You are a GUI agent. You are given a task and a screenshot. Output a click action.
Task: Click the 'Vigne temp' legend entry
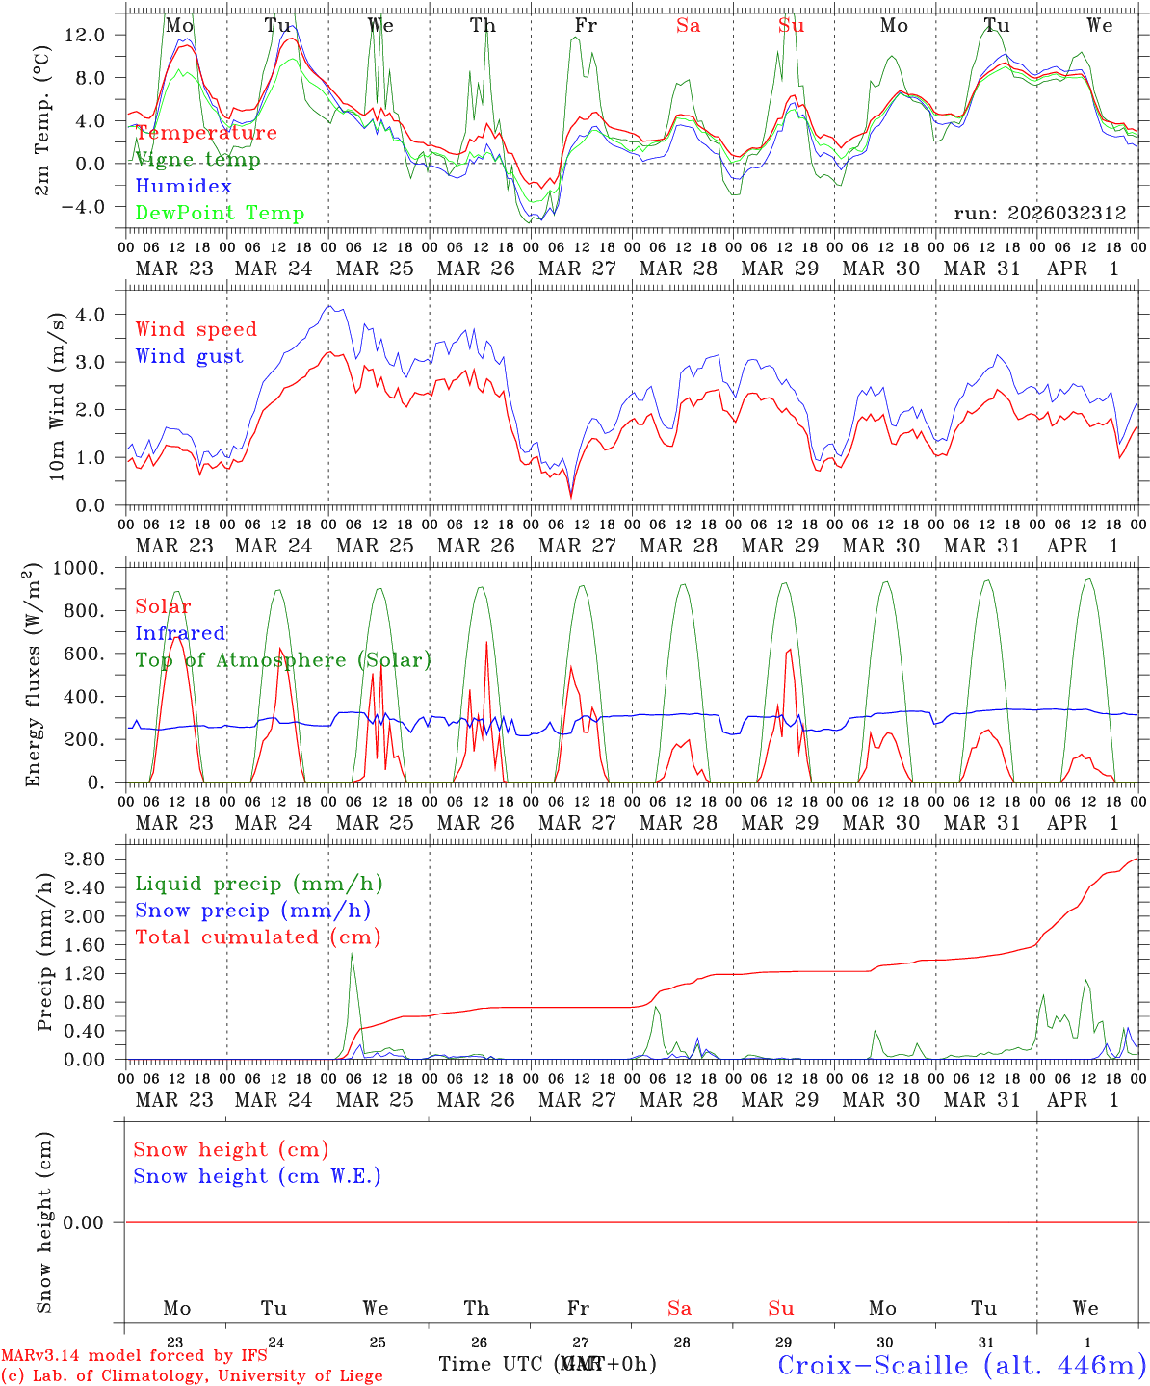pos(197,160)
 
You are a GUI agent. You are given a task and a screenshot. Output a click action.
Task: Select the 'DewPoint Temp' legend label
pos(220,214)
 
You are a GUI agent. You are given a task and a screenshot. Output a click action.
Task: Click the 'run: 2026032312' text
pos(1040,214)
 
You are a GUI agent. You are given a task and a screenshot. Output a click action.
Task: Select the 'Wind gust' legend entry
pos(189,356)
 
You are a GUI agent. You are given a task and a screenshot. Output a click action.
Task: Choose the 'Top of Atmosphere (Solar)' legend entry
pos(283,660)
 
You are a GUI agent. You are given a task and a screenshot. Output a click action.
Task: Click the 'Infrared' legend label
pos(180,633)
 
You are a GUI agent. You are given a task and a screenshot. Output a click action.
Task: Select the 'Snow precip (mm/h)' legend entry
pos(252,911)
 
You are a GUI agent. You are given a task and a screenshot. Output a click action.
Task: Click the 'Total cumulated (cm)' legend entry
pos(257,937)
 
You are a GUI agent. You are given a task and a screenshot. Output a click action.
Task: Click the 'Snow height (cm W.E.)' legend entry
pos(257,1176)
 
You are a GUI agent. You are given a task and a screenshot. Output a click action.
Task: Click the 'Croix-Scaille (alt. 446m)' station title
pos(961,1365)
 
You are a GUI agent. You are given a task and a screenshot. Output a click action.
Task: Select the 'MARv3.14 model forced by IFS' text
pos(134,1356)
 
